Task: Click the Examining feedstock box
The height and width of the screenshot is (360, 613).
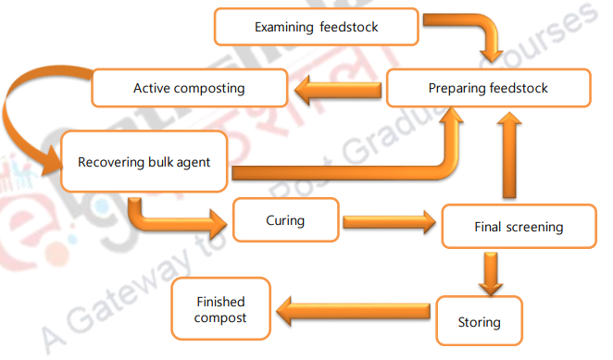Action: tap(316, 27)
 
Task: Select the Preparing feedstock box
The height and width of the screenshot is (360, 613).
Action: tap(488, 89)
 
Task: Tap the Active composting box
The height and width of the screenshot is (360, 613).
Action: tap(189, 89)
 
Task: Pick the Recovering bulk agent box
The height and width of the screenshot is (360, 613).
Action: tap(144, 162)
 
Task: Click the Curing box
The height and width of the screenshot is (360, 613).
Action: tap(285, 222)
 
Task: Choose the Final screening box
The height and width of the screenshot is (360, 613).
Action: tap(518, 227)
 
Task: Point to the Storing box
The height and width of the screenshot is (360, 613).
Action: tap(479, 322)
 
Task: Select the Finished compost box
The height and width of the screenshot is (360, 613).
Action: tap(221, 309)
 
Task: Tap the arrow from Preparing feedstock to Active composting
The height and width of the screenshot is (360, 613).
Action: tap(338, 90)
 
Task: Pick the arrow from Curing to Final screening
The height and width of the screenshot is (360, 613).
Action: tap(389, 222)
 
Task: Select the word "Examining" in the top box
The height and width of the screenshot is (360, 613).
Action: tap(285, 27)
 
